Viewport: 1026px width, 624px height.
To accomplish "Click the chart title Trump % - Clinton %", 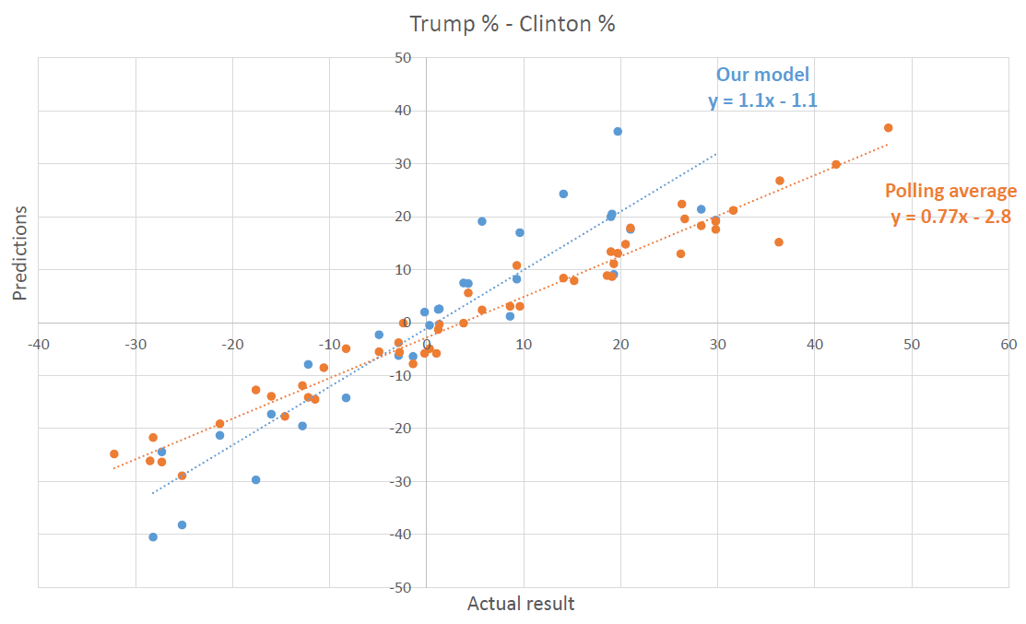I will (x=512, y=24).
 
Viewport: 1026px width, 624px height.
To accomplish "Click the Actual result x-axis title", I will (x=521, y=604).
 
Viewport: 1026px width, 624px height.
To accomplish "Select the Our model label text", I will (x=763, y=76).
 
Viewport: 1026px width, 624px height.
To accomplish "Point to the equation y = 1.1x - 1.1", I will (x=763, y=100).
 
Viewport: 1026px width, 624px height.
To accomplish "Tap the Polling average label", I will (x=950, y=192).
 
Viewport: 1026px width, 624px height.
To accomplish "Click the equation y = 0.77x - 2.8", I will (x=950, y=218).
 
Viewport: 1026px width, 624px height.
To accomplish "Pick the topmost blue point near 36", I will (x=618, y=132).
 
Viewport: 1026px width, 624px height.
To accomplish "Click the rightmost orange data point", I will (x=888, y=128).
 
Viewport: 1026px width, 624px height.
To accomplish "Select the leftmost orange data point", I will (x=114, y=453).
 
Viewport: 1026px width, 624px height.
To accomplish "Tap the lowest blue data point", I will (x=153, y=536).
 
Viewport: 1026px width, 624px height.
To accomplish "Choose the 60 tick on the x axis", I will (x=1008, y=344).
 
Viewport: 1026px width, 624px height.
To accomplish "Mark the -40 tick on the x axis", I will (x=38, y=344).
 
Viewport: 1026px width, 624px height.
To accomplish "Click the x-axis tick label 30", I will (x=717, y=344).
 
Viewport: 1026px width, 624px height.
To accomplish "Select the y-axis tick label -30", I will (x=402, y=481).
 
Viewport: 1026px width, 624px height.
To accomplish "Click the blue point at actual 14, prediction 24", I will (x=563, y=194).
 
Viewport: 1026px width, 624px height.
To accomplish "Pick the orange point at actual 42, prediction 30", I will (x=836, y=165).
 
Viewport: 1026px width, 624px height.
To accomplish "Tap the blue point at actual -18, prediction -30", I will (x=255, y=479).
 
